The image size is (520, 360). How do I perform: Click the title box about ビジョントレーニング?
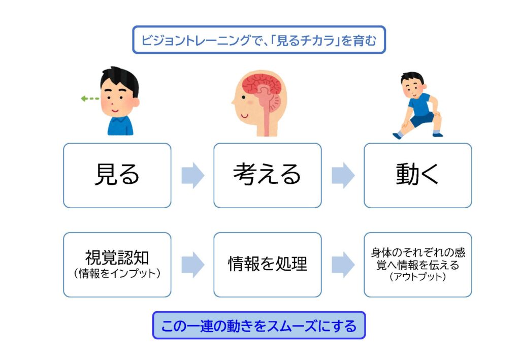coord(259,40)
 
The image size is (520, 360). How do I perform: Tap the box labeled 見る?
coord(117,175)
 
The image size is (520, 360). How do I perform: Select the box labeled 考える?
coord(267,175)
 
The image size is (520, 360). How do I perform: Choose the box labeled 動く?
coord(417,175)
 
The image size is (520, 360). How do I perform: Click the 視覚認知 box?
coord(117,265)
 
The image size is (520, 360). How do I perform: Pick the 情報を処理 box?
coord(267,265)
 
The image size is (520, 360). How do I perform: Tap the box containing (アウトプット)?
coord(417,265)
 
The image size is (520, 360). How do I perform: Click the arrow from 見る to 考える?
coord(192,176)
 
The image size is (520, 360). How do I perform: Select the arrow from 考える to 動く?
coord(343,176)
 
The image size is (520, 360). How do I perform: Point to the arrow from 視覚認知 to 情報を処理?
coord(192,265)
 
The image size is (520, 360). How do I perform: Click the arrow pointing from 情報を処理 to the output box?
coord(343,265)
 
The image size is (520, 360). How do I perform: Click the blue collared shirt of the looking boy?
coord(120,126)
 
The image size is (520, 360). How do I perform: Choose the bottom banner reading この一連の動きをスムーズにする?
coord(259,325)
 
